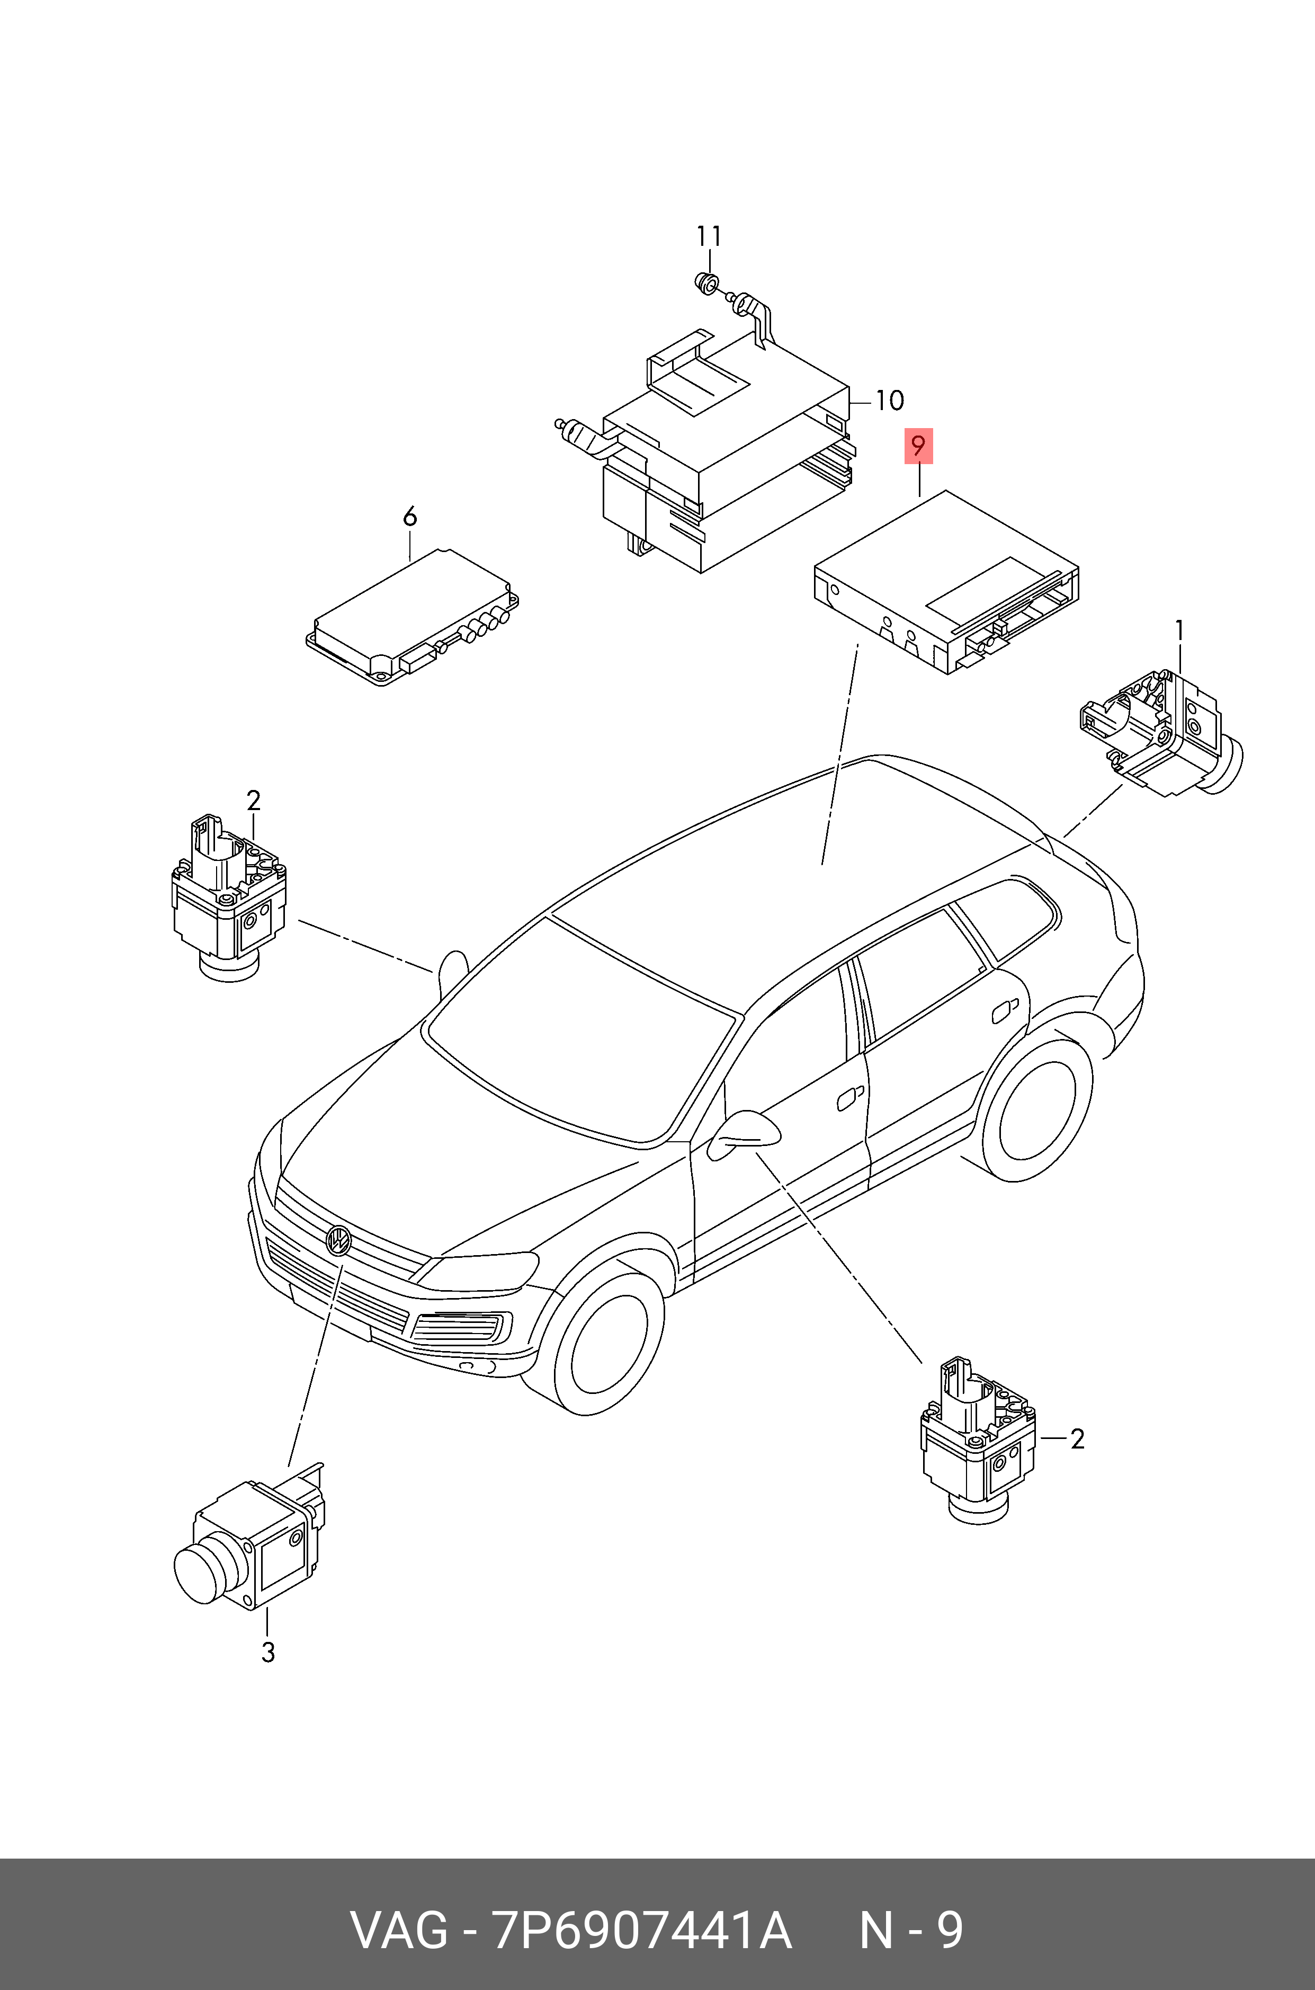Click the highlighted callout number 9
[918, 446]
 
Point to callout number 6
[409, 517]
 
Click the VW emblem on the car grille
[338, 1239]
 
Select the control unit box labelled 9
[946, 583]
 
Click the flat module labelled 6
[412, 618]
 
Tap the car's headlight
[478, 1269]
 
